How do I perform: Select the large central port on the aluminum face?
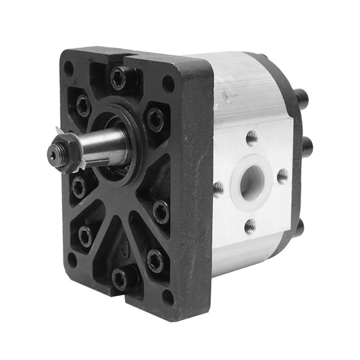click(x=252, y=179)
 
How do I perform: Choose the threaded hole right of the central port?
click(x=282, y=176)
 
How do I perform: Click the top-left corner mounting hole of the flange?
click(x=68, y=68)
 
